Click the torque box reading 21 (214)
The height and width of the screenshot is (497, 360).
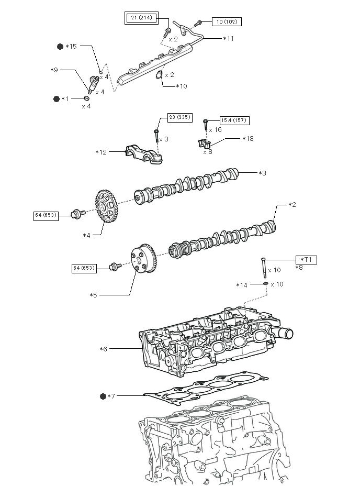141,18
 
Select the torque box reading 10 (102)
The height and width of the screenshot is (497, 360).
227,21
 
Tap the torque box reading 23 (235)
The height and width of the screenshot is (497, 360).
179,117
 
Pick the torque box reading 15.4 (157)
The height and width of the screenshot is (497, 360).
234,120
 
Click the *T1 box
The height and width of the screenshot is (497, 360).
306,260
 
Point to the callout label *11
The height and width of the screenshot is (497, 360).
228,39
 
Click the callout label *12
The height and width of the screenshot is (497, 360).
101,152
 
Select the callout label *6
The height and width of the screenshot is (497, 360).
103,349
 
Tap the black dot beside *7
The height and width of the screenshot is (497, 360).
103,396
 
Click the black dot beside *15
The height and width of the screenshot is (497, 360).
60,47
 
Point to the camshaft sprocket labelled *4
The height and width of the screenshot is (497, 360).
106,206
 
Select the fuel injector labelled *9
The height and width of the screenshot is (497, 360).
93,84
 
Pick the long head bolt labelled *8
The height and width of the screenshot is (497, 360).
263,268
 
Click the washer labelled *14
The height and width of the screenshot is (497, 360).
266,283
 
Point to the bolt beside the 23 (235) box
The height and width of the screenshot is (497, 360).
156,137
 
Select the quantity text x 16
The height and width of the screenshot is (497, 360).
216,130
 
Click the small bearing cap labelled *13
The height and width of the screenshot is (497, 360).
204,144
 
